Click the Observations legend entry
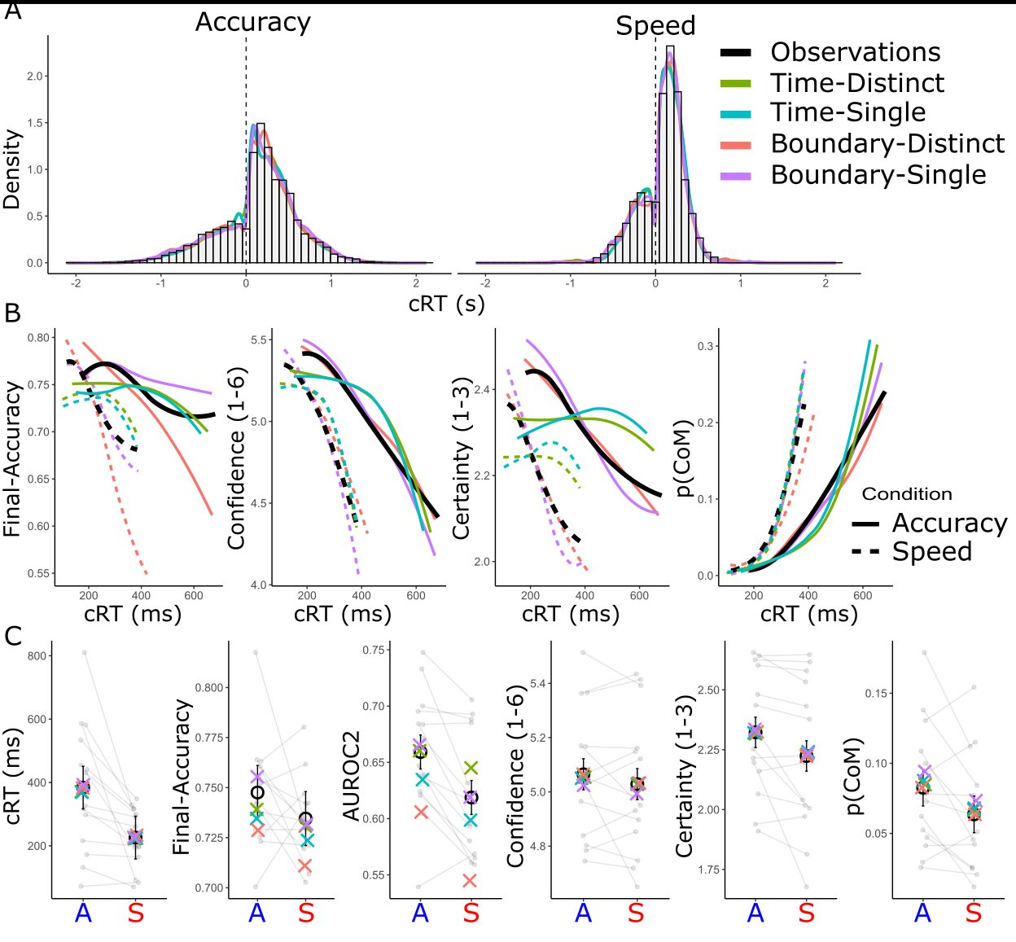point(855,52)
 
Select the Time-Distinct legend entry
point(856,83)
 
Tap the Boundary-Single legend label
point(878,175)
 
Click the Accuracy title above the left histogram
point(252,22)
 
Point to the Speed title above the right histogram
point(655,26)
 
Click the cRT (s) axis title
point(446,304)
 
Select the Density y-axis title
point(11,169)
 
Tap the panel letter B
point(12,313)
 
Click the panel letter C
point(12,635)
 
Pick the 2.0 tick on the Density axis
point(35,77)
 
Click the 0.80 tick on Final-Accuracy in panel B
point(38,338)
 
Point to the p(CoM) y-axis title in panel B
point(684,458)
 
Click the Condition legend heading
point(906,494)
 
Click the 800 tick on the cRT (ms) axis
point(36,656)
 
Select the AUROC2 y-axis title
point(351,775)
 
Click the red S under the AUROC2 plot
point(471,913)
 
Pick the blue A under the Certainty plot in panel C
point(755,913)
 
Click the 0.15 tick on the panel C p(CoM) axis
point(876,694)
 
